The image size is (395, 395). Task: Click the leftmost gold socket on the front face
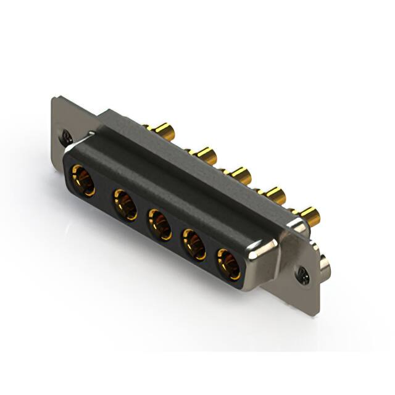[x=83, y=180]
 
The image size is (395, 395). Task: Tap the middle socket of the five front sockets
[x=159, y=224]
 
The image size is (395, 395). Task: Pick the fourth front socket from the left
[x=194, y=244]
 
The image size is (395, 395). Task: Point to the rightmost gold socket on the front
[x=228, y=264]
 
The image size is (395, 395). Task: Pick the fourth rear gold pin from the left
[x=275, y=195]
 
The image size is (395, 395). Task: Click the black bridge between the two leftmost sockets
[x=104, y=193]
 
